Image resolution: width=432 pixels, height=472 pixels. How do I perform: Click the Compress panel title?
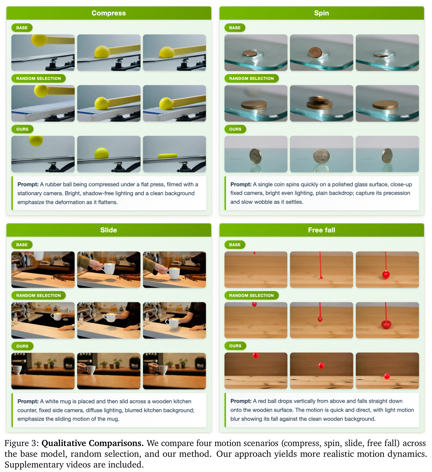(109, 13)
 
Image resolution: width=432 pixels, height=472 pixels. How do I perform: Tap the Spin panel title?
(322, 13)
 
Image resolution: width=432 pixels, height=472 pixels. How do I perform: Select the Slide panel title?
(109, 230)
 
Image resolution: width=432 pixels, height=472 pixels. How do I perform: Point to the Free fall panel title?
(322, 230)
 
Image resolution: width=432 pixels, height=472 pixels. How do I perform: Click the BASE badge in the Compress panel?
(22, 28)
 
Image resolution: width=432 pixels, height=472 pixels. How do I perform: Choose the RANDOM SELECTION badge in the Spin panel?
(251, 78)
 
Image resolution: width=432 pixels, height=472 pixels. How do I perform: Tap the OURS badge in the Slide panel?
(22, 346)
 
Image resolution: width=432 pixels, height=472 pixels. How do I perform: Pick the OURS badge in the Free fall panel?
(235, 346)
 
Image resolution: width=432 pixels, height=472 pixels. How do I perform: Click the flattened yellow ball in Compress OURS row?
(167, 156)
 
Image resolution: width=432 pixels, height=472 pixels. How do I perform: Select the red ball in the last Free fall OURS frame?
(387, 376)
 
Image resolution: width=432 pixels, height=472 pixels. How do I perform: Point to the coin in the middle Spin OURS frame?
(321, 156)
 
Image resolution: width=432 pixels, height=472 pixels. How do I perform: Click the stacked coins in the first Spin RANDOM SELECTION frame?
(254, 105)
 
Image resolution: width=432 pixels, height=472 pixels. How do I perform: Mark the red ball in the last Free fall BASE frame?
(386, 274)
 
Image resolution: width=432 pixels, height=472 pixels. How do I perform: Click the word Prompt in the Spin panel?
(241, 184)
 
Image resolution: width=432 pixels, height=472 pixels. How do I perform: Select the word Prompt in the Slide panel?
(28, 401)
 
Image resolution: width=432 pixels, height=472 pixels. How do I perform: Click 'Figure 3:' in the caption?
(21, 443)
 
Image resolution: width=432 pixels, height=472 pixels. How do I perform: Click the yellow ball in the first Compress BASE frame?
(39, 40)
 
